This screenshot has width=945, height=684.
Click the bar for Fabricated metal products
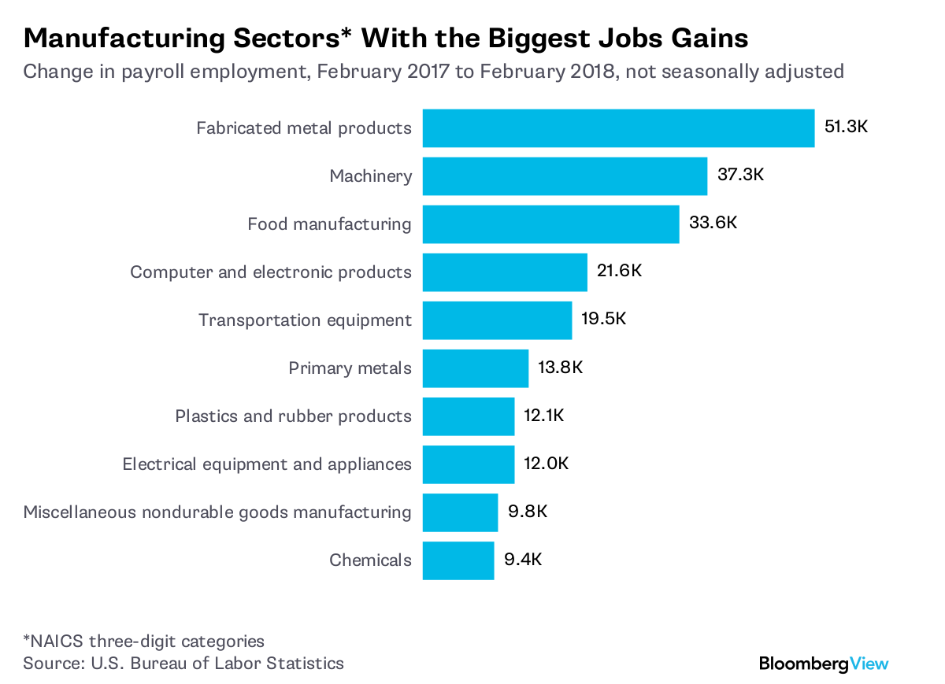[x=618, y=128]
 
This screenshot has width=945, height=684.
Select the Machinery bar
[x=565, y=176]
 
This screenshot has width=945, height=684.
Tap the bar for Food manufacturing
[x=550, y=224]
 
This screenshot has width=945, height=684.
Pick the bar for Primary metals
[x=475, y=368]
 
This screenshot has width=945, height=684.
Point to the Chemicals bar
[x=458, y=560]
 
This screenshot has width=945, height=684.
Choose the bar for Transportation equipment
[x=497, y=320]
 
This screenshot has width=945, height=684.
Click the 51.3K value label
[x=846, y=127]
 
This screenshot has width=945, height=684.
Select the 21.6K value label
[x=620, y=272]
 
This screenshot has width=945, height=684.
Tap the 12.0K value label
[x=547, y=464]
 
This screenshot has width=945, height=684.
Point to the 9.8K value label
[x=527, y=512]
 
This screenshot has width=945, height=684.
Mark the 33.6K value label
[x=713, y=223]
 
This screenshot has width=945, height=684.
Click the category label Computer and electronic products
[x=270, y=272]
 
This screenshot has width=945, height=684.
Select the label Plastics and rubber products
[x=293, y=416]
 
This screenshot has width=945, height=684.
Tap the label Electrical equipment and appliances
[x=267, y=464]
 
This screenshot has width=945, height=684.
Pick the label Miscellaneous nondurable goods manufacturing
[x=217, y=512]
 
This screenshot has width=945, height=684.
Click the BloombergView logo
[x=824, y=664]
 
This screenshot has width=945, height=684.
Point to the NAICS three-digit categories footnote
[x=144, y=641]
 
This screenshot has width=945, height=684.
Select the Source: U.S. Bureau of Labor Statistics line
[x=183, y=663]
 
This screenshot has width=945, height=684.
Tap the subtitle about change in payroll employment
[x=433, y=72]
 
